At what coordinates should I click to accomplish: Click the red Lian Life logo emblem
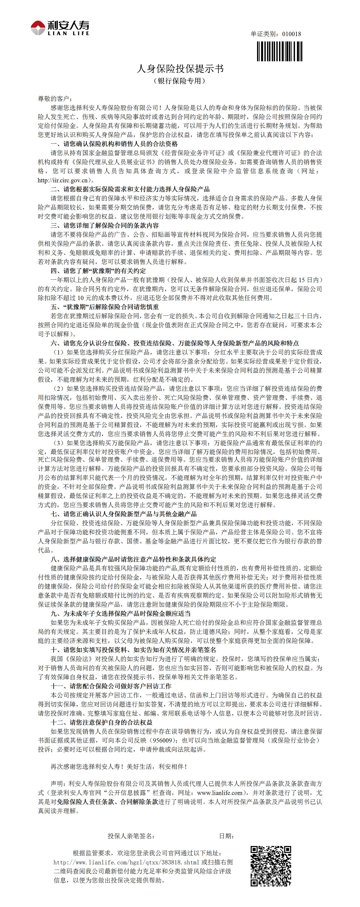tap(38, 27)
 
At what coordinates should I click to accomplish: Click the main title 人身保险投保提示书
tap(180, 69)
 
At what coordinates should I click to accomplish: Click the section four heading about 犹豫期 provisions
tap(98, 271)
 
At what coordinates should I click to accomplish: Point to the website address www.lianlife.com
tap(220, 792)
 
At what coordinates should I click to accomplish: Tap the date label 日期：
tap(226, 836)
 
